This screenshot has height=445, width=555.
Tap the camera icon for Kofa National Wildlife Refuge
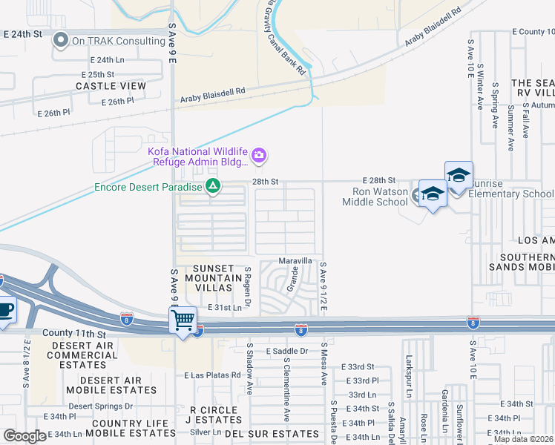[259, 155]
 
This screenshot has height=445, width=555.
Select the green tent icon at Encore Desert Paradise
[213, 186]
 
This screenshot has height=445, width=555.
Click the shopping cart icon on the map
[183, 320]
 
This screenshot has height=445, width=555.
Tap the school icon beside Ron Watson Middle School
[433, 194]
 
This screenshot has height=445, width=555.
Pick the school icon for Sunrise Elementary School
[459, 177]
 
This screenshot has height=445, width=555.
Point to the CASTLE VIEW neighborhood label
[111, 87]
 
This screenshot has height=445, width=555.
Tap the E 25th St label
[97, 75]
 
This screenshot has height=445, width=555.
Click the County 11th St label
[75, 334]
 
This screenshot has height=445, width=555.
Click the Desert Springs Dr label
[101, 406]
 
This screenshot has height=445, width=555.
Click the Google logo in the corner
[24, 436]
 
